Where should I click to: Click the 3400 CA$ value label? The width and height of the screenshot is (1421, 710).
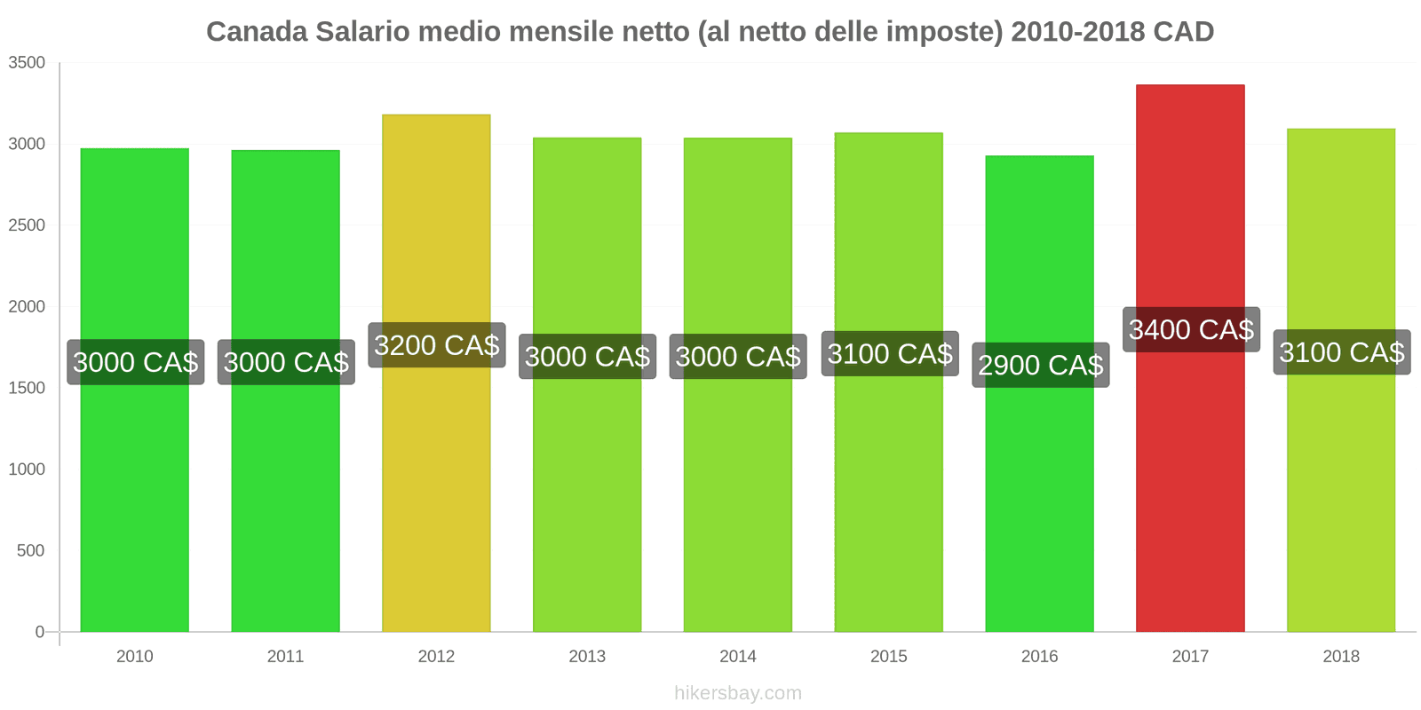pos(1191,330)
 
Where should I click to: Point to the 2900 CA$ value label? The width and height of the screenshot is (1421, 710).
pos(1040,365)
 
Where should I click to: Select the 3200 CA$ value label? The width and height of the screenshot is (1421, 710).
pos(437,345)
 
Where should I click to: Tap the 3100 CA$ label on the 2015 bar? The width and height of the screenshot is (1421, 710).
pos(890,354)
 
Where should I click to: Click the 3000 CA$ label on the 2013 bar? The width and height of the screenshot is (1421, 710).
pos(587,357)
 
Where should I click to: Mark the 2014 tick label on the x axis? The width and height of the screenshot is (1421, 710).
pos(738,656)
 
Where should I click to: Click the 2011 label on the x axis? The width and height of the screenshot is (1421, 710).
pos(285,656)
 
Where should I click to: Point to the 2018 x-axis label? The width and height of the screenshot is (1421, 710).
pos(1341,656)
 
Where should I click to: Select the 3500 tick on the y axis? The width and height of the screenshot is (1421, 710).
pos(27,63)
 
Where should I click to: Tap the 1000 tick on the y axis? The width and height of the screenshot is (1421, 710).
pos(27,469)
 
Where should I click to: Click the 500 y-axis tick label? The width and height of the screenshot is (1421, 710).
pos(31,551)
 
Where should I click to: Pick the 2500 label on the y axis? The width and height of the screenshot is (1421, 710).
pos(27,225)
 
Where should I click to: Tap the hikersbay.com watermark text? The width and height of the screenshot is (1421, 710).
pos(738,693)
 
